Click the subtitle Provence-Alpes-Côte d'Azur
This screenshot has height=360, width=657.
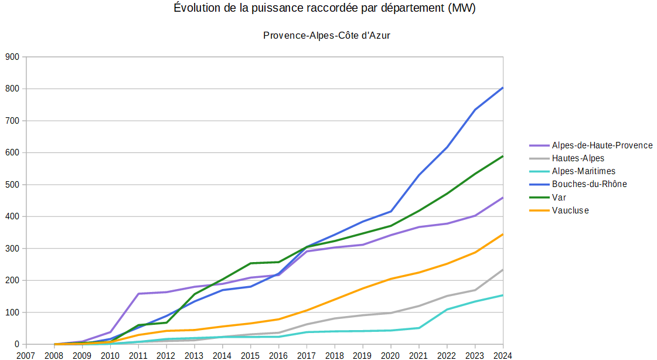pos(326,36)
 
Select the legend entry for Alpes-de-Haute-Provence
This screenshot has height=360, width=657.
pos(601,145)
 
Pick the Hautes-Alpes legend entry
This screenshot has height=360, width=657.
pos(577,158)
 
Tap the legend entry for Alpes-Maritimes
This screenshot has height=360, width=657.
pos(583,171)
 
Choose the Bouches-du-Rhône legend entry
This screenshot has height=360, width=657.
pos(588,184)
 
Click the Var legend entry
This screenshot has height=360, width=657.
pos(559,197)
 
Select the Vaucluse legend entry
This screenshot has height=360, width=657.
pos(570,210)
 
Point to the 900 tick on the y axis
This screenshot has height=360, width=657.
pos(12,57)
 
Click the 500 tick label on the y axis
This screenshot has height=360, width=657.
pos(12,185)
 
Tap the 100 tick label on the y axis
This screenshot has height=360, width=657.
pos(12,313)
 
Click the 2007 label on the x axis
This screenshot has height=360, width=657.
pos(26,355)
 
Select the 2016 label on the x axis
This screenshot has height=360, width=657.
pos(278,355)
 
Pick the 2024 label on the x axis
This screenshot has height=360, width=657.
pos(502,355)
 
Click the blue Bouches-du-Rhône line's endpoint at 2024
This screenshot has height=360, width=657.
pos(502,88)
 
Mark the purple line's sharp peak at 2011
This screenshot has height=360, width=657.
pos(138,294)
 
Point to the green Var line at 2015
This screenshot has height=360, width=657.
pos(250,263)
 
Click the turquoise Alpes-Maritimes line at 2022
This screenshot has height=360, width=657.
pos(447,310)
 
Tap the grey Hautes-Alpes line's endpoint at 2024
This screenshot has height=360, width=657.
pos(502,270)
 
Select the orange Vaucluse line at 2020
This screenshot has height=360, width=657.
pos(390,279)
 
